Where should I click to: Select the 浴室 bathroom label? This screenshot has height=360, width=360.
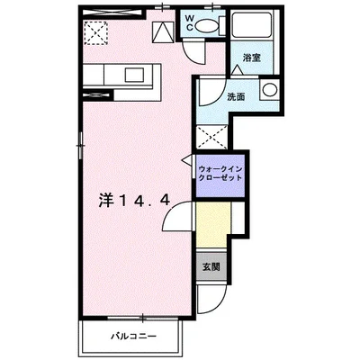click(251, 58)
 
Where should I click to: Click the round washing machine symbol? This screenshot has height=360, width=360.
click(268, 89)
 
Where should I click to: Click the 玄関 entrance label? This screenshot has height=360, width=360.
click(211, 266)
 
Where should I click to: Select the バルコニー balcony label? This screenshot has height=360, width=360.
click(134, 336)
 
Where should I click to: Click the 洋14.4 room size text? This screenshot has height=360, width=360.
click(132, 200)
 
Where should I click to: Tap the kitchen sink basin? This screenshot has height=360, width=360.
click(128, 74)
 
